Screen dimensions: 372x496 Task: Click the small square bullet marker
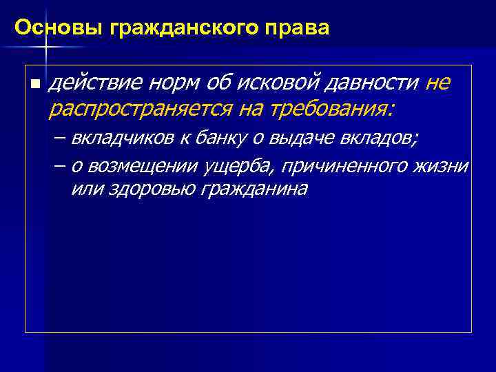34,83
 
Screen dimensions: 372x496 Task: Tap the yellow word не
439,83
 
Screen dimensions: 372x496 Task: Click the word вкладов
378,138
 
